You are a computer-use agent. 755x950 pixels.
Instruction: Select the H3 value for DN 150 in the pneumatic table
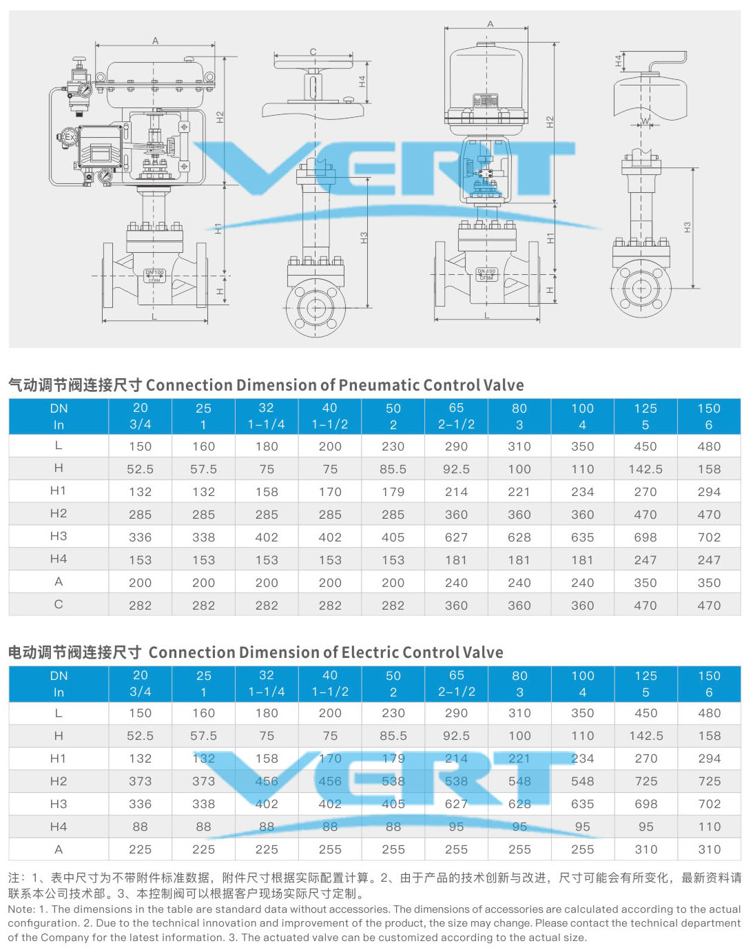pyautogui.click(x=709, y=537)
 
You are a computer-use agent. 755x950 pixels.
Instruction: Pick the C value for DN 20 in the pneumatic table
pyautogui.click(x=140, y=606)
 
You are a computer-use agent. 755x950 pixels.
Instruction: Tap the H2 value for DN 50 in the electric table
pyautogui.click(x=393, y=781)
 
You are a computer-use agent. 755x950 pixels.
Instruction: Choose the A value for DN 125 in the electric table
pyautogui.click(x=646, y=849)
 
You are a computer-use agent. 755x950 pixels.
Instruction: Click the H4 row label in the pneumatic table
pyautogui.click(x=59, y=559)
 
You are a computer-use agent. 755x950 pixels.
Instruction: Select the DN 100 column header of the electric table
pyautogui.click(x=583, y=683)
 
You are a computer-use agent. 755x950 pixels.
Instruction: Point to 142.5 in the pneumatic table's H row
pyautogui.click(x=645, y=469)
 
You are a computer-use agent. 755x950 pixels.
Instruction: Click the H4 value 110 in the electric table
pyautogui.click(x=709, y=827)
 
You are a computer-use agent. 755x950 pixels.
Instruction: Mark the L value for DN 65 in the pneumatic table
pyautogui.click(x=456, y=446)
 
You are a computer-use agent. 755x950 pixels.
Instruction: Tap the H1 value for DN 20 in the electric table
pyautogui.click(x=140, y=758)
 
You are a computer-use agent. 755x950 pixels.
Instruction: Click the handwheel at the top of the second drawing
pyautogui.click(x=313, y=65)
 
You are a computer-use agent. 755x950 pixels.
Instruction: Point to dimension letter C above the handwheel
pyautogui.click(x=313, y=52)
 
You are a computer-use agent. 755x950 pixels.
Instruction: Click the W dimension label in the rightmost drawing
pyautogui.click(x=645, y=121)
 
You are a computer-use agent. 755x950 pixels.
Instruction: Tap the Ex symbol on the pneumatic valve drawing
pyautogui.click(x=68, y=138)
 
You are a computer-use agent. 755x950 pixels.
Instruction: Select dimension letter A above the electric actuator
pyautogui.click(x=490, y=24)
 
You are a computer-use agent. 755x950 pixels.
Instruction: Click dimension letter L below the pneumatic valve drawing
pyautogui.click(x=154, y=317)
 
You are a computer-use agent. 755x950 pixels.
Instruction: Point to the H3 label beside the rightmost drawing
pyautogui.click(x=687, y=227)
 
